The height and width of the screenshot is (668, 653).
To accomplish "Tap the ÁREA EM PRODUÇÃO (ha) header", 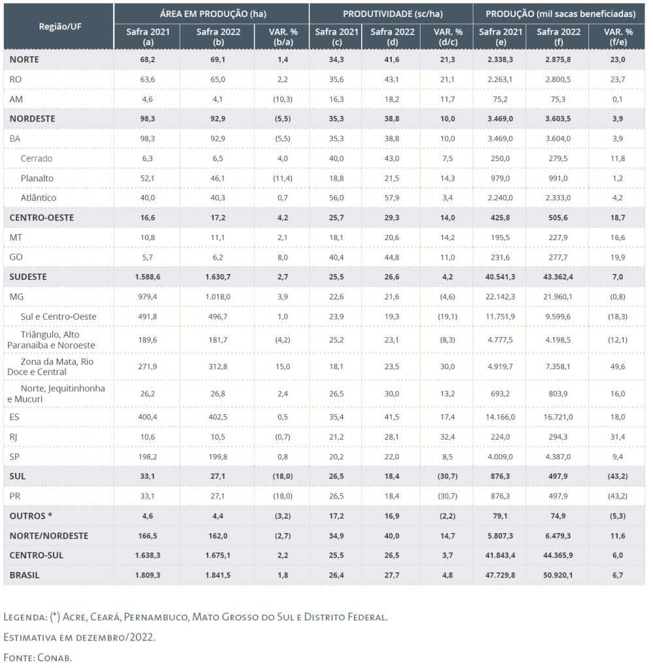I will click(x=212, y=13).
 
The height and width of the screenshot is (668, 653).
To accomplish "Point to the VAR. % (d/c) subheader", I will click(x=448, y=37).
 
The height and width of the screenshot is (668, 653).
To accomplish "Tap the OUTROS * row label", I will click(x=31, y=516).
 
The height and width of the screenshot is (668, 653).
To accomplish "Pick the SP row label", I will click(x=16, y=457).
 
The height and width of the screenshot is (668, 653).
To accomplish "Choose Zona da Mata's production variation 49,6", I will click(x=618, y=367).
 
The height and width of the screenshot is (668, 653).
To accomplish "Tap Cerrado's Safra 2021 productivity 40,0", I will click(x=334, y=158).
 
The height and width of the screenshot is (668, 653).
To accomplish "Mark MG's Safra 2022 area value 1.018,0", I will click(x=212, y=297).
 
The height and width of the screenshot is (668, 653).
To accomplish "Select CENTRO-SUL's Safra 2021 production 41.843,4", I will click(x=500, y=555).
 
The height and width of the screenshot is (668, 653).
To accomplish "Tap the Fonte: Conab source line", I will click(x=37, y=657).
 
